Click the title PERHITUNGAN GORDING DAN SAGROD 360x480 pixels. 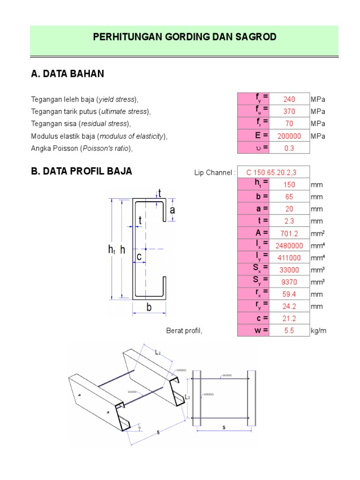185,37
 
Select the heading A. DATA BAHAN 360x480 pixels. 67,74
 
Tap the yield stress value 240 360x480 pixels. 289,99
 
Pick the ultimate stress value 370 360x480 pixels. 289,112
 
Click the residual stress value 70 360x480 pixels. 289,124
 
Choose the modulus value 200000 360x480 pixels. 289,136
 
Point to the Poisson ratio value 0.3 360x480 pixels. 289,148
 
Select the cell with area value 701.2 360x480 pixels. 289,233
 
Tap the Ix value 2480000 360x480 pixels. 289,246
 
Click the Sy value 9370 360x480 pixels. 289,282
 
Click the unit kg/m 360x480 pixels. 318,331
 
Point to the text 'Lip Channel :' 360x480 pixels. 215,172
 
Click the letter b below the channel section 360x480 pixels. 149,307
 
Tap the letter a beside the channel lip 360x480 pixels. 172,210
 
